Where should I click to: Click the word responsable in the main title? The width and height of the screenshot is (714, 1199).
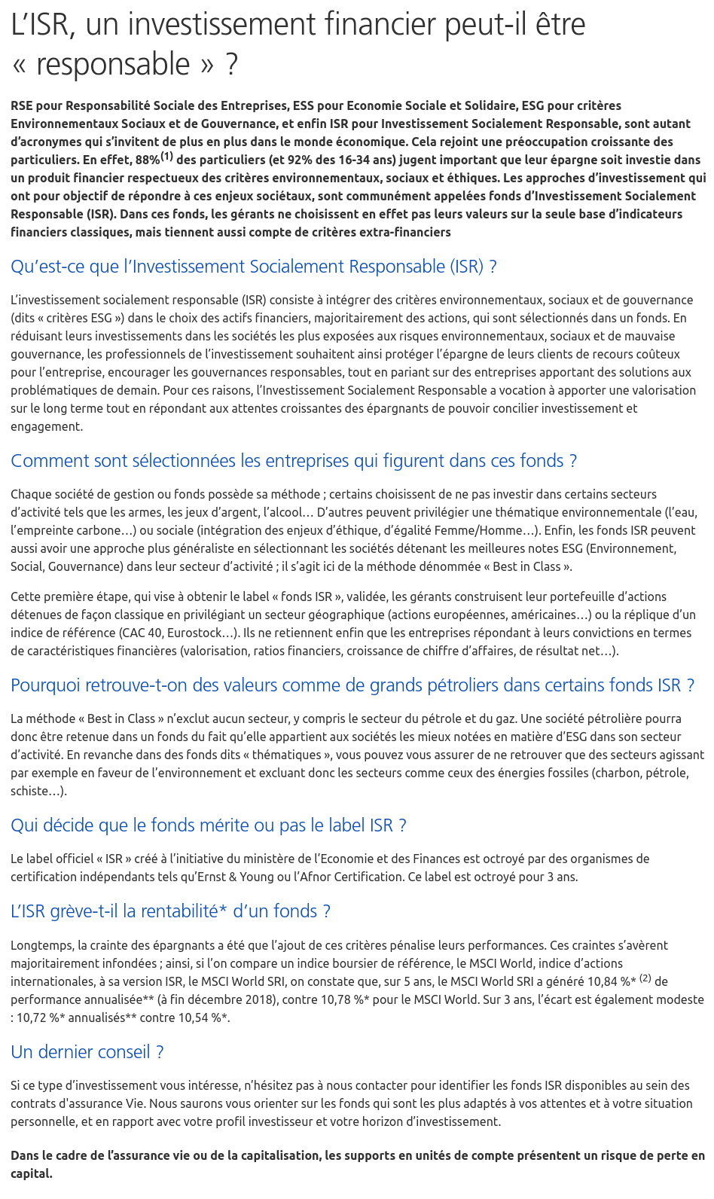tap(114, 65)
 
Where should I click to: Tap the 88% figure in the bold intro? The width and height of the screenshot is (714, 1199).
tap(147, 160)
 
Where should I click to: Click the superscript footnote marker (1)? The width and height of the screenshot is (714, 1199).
tap(166, 157)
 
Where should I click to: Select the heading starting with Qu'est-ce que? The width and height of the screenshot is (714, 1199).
tap(254, 267)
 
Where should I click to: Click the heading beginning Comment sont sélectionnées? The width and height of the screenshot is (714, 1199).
tap(294, 461)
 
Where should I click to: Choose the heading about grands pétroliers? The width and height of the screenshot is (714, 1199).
tap(352, 685)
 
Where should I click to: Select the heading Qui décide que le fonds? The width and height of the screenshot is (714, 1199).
tap(209, 825)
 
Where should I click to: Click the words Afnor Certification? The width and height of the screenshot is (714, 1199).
tap(365, 877)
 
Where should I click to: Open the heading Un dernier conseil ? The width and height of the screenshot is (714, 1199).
tap(87, 1052)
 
